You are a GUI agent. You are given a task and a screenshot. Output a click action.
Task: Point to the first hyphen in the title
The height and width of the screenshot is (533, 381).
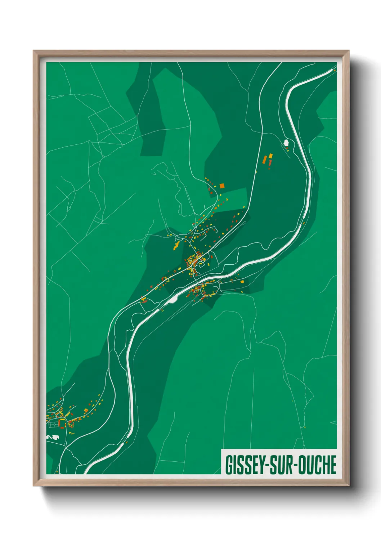coord(267,465)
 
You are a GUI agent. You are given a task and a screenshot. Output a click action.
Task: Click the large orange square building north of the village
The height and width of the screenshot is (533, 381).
coord(222,186)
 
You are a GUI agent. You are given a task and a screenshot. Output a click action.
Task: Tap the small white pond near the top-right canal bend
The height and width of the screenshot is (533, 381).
coord(286,143)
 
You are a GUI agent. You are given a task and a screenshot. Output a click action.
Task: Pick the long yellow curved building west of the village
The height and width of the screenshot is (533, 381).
coord(176,246)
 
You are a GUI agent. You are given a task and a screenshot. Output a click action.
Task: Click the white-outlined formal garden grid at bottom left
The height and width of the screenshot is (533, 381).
coord(53,424)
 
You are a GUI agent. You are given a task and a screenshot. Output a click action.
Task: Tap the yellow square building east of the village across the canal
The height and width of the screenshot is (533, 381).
coord(242,282)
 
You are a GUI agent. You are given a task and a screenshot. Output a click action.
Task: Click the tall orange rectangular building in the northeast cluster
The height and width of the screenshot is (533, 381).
coord(265,159)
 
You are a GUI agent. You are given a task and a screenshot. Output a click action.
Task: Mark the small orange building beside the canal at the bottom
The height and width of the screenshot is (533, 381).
coord(126,442)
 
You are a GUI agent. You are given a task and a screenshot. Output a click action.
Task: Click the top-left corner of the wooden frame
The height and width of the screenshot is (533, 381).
coord(34,51)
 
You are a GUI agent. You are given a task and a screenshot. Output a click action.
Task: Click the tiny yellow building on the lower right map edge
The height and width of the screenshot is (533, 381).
coord(305,427)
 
